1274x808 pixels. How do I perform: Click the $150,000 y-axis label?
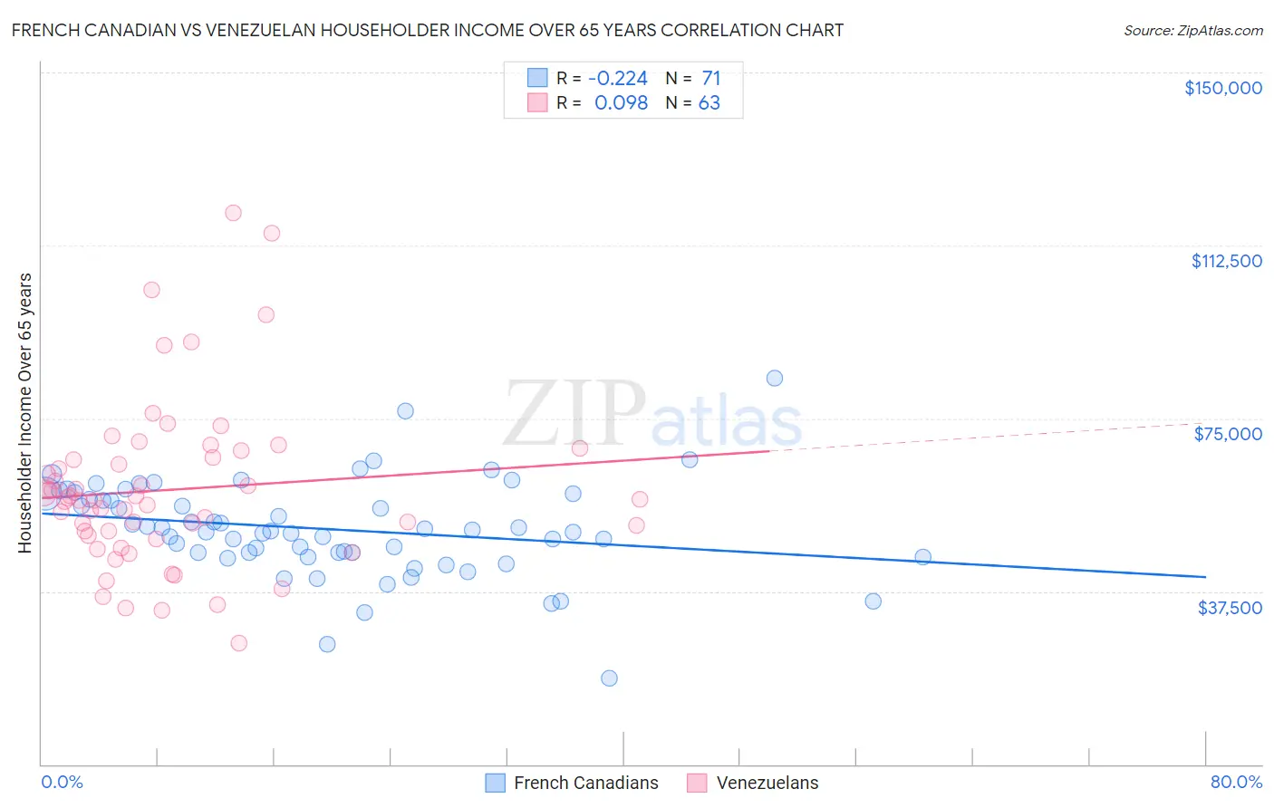[1222, 88]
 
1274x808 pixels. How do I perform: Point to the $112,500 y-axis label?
[1226, 261]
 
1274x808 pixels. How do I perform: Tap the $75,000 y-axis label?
[1228, 434]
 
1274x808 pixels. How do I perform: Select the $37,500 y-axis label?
[1230, 607]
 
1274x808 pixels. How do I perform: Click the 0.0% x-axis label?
[62, 782]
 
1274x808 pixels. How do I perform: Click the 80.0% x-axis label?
[1236, 782]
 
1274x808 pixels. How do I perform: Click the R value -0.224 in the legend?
[618, 78]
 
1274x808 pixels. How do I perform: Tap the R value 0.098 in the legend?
[621, 103]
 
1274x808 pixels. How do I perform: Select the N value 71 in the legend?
[710, 78]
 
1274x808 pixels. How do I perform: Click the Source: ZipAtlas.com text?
[1192, 30]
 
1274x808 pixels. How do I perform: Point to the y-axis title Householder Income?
[25, 413]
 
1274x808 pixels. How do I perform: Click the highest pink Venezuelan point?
[233, 213]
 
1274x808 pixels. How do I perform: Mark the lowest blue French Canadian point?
[609, 678]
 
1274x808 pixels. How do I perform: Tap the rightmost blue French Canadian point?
[922, 557]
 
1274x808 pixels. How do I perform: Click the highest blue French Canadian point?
[774, 379]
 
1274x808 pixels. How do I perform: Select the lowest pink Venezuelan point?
[238, 643]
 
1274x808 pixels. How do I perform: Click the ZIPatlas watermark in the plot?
[652, 415]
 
